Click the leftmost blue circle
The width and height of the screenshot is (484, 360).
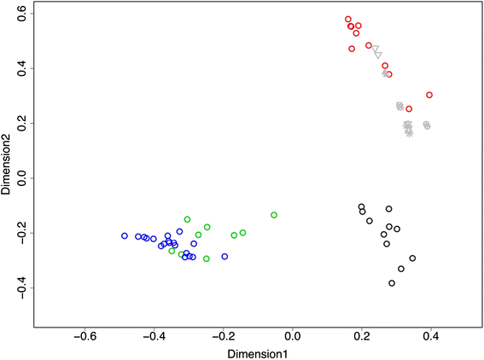tap(125, 235)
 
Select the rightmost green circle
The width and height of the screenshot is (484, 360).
tap(274, 215)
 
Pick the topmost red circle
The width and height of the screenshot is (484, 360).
tap(348, 19)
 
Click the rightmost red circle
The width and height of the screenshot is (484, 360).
tap(429, 96)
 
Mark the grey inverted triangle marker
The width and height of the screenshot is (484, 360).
tap(376, 52)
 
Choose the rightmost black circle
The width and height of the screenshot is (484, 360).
tap(412, 258)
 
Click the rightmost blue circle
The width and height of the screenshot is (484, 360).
tap(225, 256)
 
